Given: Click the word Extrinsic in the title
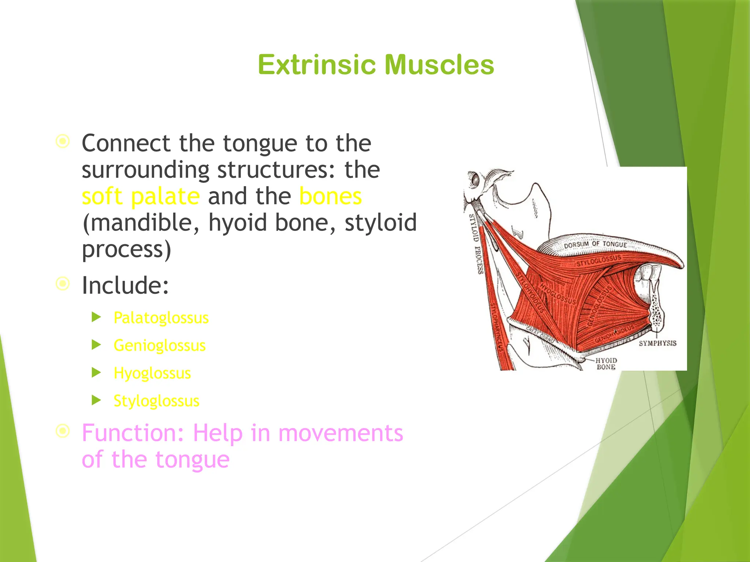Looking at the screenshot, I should coord(317,65).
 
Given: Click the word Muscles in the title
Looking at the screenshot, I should coord(439,65).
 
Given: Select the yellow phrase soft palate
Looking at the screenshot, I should coord(141,196).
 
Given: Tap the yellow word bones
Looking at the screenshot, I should coord(330,196).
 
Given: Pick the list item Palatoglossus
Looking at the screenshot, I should coord(161,318).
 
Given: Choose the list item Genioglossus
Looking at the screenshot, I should coord(160,345).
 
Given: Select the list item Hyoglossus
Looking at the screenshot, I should coord(152,373).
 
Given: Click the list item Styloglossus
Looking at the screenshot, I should coord(156,401).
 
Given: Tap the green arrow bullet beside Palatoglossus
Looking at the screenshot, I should coord(96,317).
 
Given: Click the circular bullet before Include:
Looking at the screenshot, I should coord(63,284).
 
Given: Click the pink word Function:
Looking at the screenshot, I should coord(133,433).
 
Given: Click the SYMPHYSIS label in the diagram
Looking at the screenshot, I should coord(657,343).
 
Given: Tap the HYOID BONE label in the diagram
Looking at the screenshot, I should coord(606,364).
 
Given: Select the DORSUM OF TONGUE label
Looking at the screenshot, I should coord(595,244).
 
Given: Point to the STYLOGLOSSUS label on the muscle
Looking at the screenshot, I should coord(599,260).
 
